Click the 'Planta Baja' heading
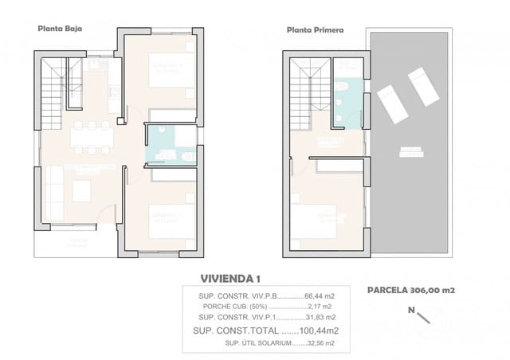click(x=60, y=28)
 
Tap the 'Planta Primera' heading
click(x=315, y=31)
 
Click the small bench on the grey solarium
click(x=410, y=149)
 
